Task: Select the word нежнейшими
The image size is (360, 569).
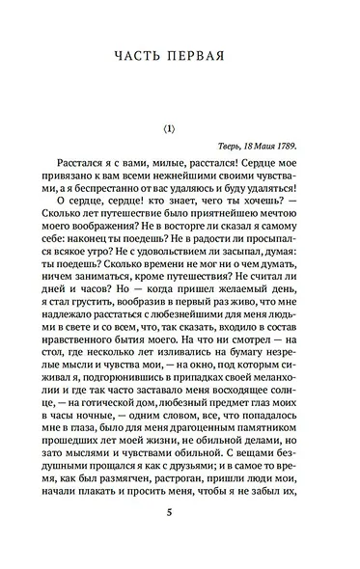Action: tap(199, 197)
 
